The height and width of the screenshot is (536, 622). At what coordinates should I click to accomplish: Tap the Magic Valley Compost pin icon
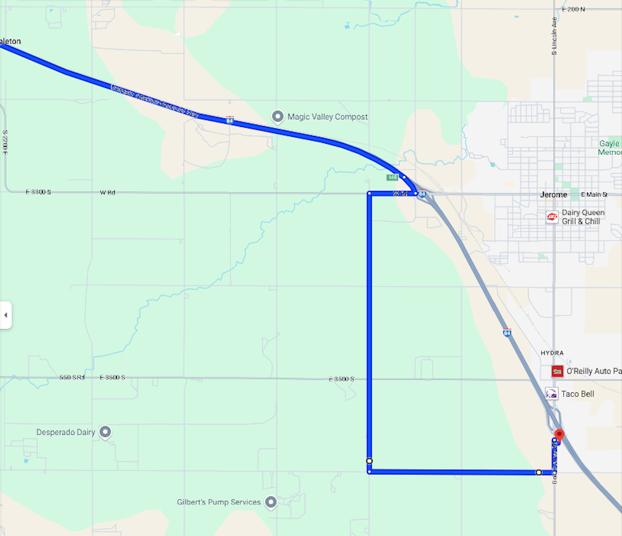(x=278, y=116)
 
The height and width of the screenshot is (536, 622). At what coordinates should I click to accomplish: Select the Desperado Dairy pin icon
(x=105, y=432)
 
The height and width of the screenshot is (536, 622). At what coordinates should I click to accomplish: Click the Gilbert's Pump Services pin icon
(x=271, y=502)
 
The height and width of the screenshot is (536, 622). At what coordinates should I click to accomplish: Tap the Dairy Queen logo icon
(x=552, y=217)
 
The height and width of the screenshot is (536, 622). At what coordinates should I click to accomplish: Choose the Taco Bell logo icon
(x=551, y=393)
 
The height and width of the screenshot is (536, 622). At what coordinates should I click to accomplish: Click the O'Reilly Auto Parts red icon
(x=557, y=371)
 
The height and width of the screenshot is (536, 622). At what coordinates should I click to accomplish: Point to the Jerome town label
(x=553, y=195)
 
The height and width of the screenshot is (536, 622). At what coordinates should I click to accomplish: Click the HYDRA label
(x=552, y=353)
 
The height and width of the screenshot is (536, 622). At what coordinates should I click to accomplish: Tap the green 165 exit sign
(x=392, y=177)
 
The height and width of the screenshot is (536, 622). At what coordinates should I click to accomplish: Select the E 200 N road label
(x=573, y=9)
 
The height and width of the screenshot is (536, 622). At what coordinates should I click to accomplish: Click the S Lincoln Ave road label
(x=554, y=36)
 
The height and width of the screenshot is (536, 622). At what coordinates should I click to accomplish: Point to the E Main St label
(x=594, y=195)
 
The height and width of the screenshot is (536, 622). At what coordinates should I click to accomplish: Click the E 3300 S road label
(x=38, y=192)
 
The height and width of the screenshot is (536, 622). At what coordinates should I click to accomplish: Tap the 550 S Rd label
(x=72, y=377)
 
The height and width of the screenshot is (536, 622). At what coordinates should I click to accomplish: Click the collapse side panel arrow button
(x=6, y=315)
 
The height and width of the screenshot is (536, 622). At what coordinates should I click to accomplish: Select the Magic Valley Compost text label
(x=327, y=117)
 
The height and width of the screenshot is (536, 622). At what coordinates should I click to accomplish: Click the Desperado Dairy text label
(x=65, y=432)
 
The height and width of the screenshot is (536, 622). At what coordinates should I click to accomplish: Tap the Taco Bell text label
(x=577, y=394)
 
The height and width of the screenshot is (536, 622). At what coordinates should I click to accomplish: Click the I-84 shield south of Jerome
(x=507, y=333)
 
